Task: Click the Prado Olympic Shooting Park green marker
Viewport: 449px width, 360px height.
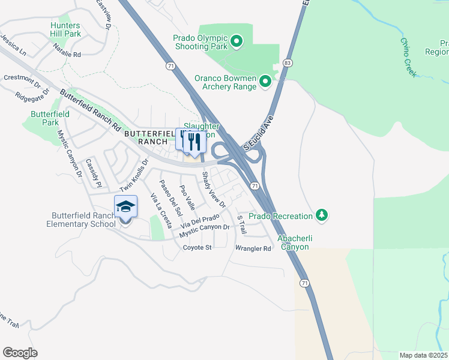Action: coord(237,41)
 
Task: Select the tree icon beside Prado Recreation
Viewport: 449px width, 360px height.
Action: coord(322,215)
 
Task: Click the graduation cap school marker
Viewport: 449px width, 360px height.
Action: coord(126,207)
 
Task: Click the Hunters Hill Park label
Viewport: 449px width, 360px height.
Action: coord(65,29)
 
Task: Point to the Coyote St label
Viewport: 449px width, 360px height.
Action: coord(197,247)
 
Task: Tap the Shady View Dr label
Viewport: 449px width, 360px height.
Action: coord(213,190)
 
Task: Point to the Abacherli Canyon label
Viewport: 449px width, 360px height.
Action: coord(293,242)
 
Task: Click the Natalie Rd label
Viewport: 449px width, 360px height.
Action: coord(67,54)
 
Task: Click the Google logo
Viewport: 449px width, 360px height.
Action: coord(20,353)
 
